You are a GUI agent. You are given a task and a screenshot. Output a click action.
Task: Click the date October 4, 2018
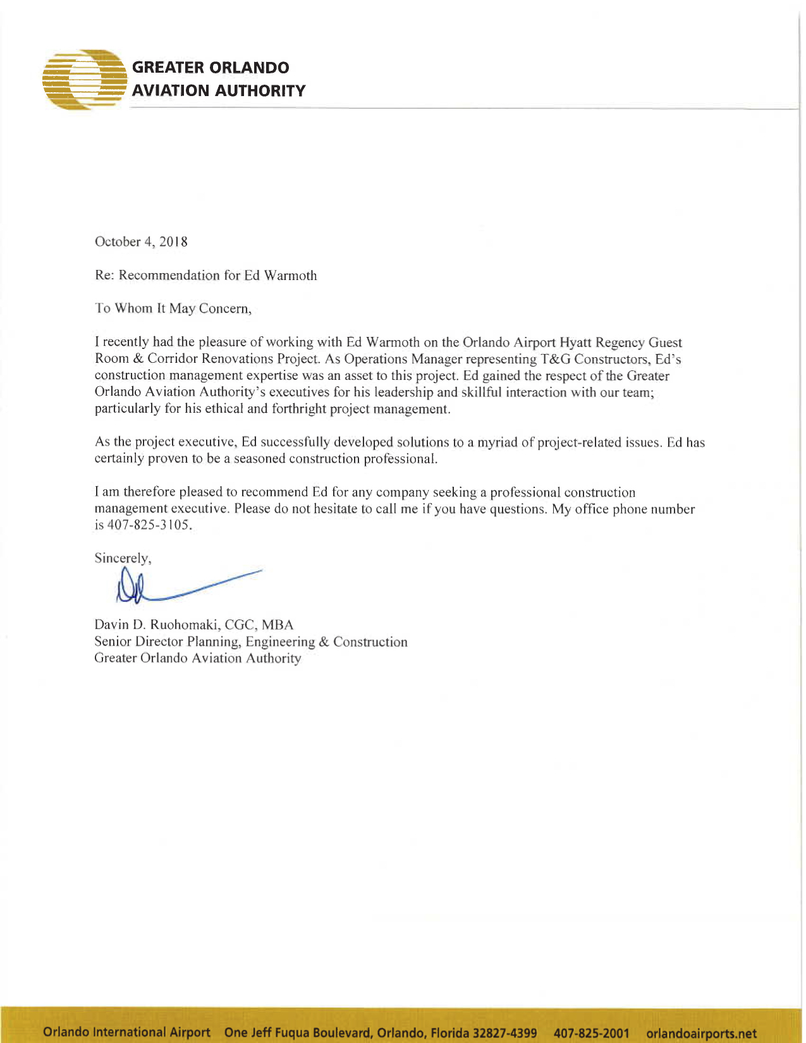pyautogui.click(x=141, y=242)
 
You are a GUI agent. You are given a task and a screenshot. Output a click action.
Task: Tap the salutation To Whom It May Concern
pyautogui.click(x=173, y=308)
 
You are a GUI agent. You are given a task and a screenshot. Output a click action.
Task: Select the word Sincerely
pyautogui.click(x=122, y=558)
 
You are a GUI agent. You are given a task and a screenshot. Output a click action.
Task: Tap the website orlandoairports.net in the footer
pyautogui.click(x=702, y=1033)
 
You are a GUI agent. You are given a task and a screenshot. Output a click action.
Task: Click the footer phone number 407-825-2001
pyautogui.click(x=591, y=1033)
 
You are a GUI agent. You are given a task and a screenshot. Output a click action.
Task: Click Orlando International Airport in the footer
pyautogui.click(x=126, y=1032)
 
